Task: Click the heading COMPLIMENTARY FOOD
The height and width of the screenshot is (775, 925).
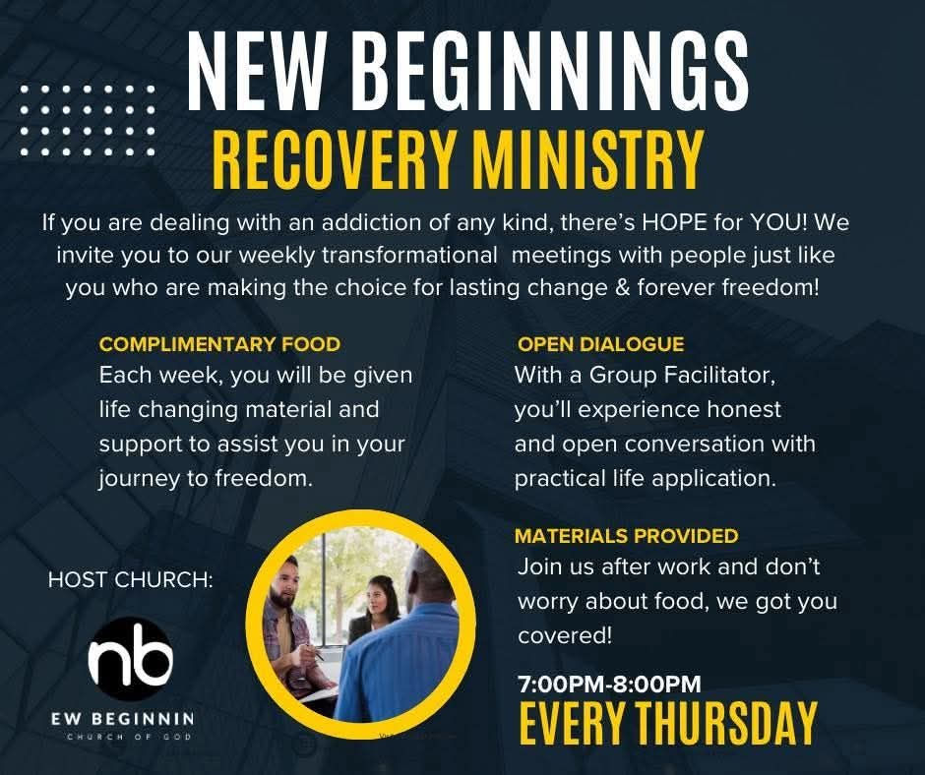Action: [219, 344]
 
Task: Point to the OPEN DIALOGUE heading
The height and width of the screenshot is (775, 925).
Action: [600, 344]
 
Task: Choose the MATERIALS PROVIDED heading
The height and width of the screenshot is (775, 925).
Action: [626, 536]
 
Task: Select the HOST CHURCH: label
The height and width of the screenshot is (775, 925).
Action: [131, 580]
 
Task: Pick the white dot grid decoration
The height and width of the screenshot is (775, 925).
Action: [88, 121]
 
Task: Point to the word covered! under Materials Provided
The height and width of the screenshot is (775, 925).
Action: [565, 635]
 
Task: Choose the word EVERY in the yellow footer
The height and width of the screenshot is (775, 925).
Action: [574, 723]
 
